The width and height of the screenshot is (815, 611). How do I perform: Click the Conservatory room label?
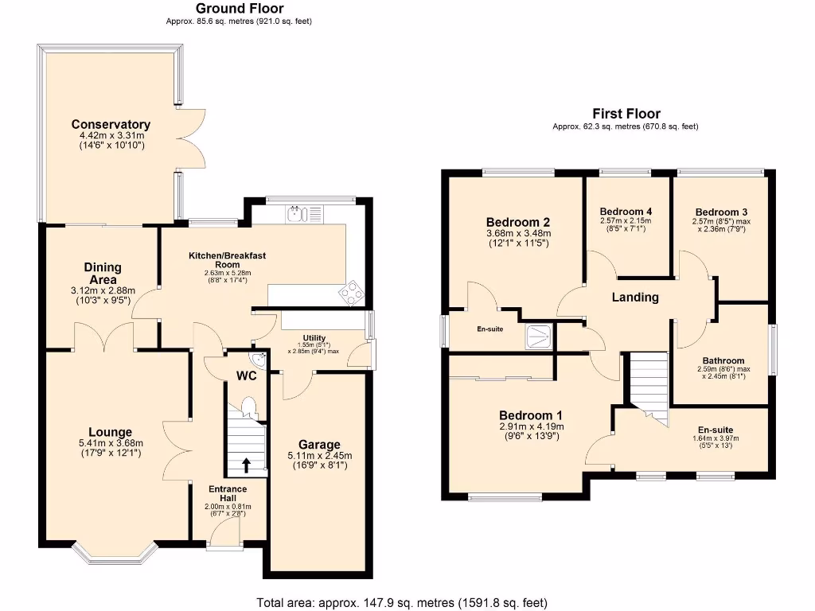(x=111, y=124)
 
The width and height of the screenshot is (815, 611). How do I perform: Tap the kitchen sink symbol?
(x=296, y=213)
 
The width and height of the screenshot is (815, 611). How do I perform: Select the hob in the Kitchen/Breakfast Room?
(x=350, y=294)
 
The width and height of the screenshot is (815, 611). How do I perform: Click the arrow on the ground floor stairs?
(x=245, y=464)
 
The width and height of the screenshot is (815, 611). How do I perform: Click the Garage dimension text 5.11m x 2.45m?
(x=319, y=456)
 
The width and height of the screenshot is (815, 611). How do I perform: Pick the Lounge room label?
(x=105, y=432)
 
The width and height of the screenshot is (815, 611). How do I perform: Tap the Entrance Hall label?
(x=228, y=493)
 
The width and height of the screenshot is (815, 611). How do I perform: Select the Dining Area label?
(x=103, y=273)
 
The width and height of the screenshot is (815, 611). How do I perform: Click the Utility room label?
(x=314, y=337)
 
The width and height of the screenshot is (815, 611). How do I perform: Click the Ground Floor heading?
(x=239, y=9)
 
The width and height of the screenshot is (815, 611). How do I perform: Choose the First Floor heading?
(x=626, y=114)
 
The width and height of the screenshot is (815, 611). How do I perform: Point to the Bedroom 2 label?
(x=518, y=222)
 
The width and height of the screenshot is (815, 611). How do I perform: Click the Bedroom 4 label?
(x=625, y=212)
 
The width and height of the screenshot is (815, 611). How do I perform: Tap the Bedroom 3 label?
(x=721, y=212)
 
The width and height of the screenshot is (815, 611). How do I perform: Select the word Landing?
(x=634, y=298)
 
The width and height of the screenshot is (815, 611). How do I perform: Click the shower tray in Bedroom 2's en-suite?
(x=540, y=336)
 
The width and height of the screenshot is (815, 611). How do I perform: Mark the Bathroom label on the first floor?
(x=723, y=360)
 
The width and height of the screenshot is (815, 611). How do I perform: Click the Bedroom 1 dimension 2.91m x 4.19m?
(x=531, y=426)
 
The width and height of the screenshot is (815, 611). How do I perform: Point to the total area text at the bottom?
(x=402, y=602)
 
